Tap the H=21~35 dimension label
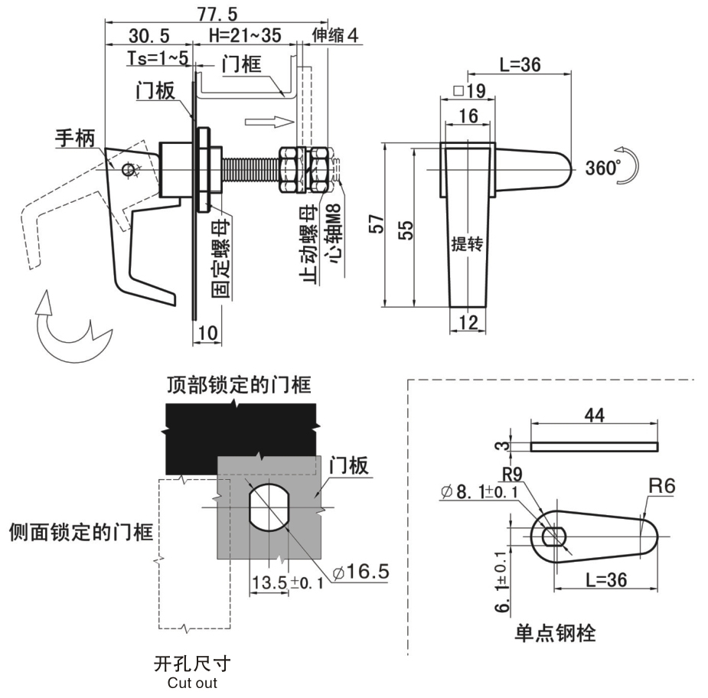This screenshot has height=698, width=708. [x=245, y=36]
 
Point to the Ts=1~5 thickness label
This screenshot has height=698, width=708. [x=158, y=57]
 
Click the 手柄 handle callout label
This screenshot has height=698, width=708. [x=75, y=138]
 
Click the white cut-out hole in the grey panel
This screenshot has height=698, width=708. [x=269, y=507]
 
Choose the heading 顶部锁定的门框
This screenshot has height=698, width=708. [x=239, y=384]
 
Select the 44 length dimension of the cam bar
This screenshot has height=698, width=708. [x=595, y=415]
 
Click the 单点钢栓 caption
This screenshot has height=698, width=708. [x=556, y=632]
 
